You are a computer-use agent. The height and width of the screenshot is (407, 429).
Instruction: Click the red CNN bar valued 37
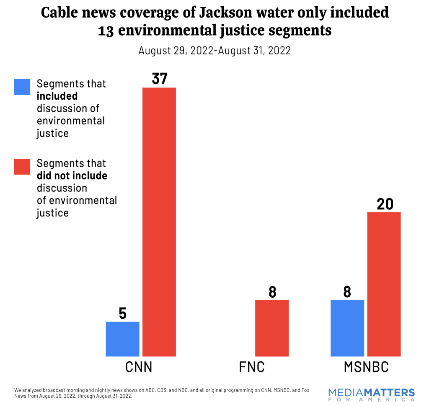click(159, 222)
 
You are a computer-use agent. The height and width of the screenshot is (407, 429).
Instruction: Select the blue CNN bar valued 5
click(122, 339)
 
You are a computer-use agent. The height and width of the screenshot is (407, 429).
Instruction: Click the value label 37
click(159, 79)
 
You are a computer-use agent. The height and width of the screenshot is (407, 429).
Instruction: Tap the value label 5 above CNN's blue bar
click(122, 313)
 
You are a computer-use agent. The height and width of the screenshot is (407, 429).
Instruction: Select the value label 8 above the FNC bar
click(272, 291)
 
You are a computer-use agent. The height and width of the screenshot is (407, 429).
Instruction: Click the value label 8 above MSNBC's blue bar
click(347, 291)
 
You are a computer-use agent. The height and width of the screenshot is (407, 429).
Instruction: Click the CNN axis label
click(139, 367)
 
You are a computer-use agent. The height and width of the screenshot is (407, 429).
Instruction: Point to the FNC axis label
click(252, 367)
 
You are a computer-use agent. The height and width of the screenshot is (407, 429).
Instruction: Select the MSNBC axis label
click(366, 367)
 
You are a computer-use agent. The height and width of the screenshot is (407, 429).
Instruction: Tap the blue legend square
click(22, 87)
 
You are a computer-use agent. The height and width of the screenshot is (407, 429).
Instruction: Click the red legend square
click(22, 166)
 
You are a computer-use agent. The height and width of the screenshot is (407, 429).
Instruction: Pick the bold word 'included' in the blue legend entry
click(57, 96)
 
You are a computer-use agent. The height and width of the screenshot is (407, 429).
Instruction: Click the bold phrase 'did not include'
click(72, 175)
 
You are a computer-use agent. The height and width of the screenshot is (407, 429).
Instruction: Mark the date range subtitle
click(214, 51)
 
